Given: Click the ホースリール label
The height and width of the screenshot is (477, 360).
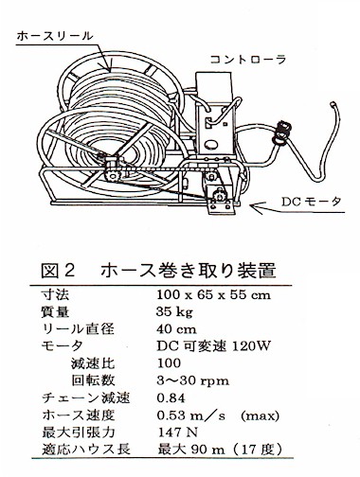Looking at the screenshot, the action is click(55, 36).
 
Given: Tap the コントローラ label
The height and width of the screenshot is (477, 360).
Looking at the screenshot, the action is click(248, 60).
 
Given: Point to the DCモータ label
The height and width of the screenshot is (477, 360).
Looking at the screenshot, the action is click(312, 202).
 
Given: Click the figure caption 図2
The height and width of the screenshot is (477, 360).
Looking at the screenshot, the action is click(58, 271).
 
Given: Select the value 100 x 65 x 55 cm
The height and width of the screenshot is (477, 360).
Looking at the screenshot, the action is click(214, 295).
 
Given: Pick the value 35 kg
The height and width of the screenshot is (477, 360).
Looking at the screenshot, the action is click(174, 312).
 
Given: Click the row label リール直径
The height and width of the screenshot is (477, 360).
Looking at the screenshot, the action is click(78, 329).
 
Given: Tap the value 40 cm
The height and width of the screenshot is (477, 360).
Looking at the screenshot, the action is click(176, 329).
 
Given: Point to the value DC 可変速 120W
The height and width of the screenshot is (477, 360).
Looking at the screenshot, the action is click(214, 346).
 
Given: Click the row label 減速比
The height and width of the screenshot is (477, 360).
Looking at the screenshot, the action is click(93, 363).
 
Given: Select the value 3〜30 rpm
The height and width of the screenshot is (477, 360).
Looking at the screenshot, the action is click(193, 380).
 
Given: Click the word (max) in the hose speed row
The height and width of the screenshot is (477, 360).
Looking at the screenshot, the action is click(260, 415).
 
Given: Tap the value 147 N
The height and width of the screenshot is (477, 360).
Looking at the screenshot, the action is click(177, 433).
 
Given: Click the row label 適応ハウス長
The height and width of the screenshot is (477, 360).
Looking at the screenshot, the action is click(86, 450).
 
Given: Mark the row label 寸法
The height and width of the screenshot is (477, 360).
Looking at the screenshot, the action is click(55, 295).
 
